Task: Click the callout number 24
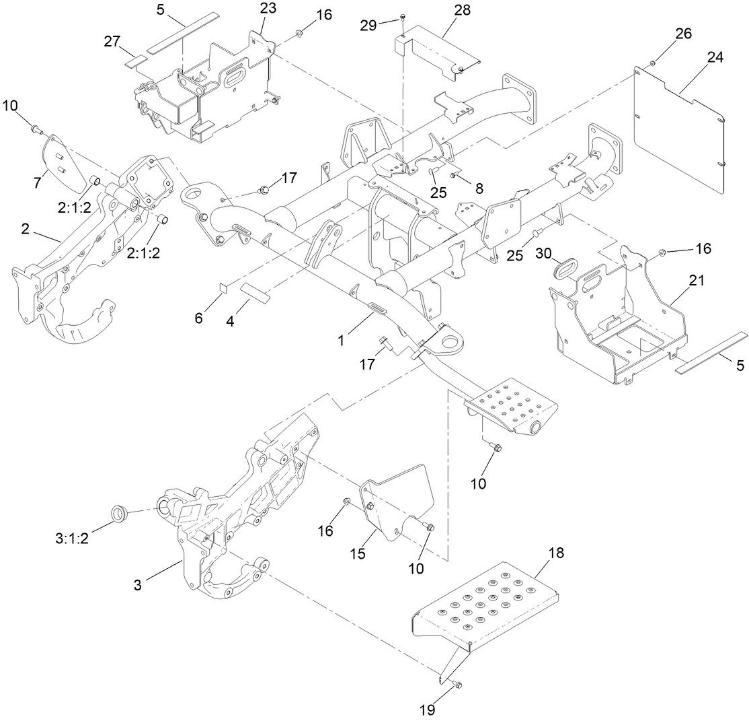[x=714, y=58]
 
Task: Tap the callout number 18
[x=555, y=553]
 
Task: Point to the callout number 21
[x=696, y=281]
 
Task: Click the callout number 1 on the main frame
[x=341, y=340]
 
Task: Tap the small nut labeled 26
[x=652, y=63]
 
